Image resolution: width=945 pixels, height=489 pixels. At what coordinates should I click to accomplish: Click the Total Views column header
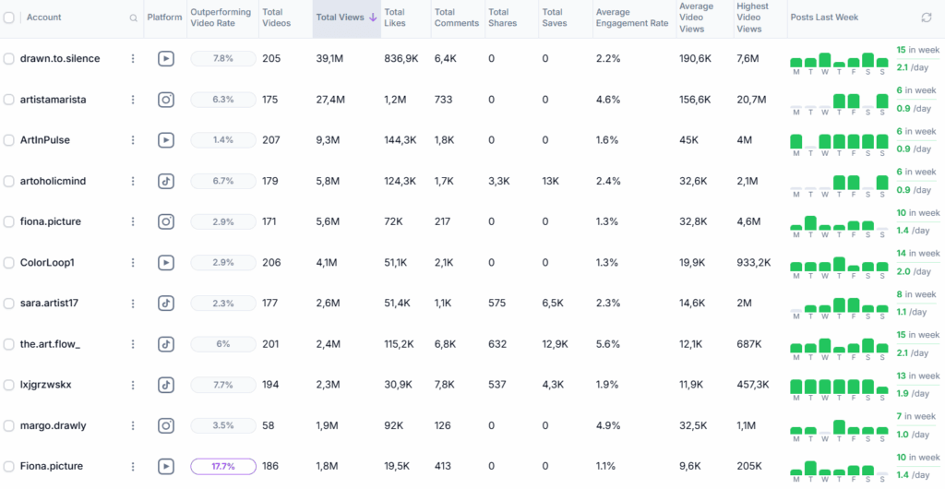340,18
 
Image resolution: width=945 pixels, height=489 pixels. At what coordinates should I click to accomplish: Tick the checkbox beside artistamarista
9,100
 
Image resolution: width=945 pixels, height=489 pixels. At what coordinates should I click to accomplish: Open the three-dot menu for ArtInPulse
133,140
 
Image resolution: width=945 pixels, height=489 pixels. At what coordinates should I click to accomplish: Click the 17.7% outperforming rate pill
223,467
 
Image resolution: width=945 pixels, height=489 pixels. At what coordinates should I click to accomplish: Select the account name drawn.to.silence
60,59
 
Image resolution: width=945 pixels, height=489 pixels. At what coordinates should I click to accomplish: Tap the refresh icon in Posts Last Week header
927,18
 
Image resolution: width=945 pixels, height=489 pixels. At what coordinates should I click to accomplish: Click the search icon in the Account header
134,18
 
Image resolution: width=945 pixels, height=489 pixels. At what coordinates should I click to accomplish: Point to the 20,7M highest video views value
748,100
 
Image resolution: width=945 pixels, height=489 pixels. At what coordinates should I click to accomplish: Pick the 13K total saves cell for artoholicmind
550,181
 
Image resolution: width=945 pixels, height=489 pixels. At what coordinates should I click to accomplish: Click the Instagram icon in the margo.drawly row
166,425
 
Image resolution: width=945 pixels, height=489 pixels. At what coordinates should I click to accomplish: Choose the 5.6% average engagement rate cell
608,344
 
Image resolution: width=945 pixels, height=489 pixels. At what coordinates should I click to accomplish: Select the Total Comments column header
457,18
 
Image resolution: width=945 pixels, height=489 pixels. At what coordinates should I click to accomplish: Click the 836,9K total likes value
401,59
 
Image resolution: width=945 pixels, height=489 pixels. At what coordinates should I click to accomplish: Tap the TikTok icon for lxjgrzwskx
166,385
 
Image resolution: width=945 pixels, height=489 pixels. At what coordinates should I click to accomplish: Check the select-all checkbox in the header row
9,18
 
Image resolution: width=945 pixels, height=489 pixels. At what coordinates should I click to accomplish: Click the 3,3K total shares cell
498,181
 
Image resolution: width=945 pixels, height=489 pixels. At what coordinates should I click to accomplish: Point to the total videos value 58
269,425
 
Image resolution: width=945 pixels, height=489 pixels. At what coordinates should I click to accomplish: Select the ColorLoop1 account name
47,263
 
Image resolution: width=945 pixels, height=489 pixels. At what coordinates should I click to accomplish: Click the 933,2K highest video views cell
754,263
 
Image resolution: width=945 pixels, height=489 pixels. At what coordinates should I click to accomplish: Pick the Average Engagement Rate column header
632,18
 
